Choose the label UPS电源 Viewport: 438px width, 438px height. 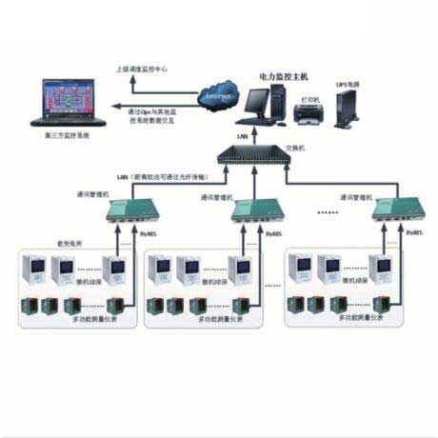point(347,84)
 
